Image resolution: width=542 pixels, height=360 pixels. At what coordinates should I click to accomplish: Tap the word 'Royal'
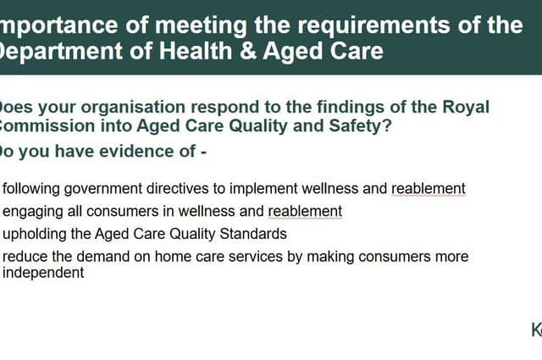coord(465,108)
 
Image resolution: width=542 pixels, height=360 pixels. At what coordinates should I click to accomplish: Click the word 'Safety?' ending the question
coord(362,127)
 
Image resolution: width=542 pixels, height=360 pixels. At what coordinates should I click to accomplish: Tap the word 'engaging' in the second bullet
coord(32,211)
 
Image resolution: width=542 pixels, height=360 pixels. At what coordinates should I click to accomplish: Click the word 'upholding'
coord(35,234)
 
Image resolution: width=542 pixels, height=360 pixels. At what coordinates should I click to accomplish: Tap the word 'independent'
coord(43,274)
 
